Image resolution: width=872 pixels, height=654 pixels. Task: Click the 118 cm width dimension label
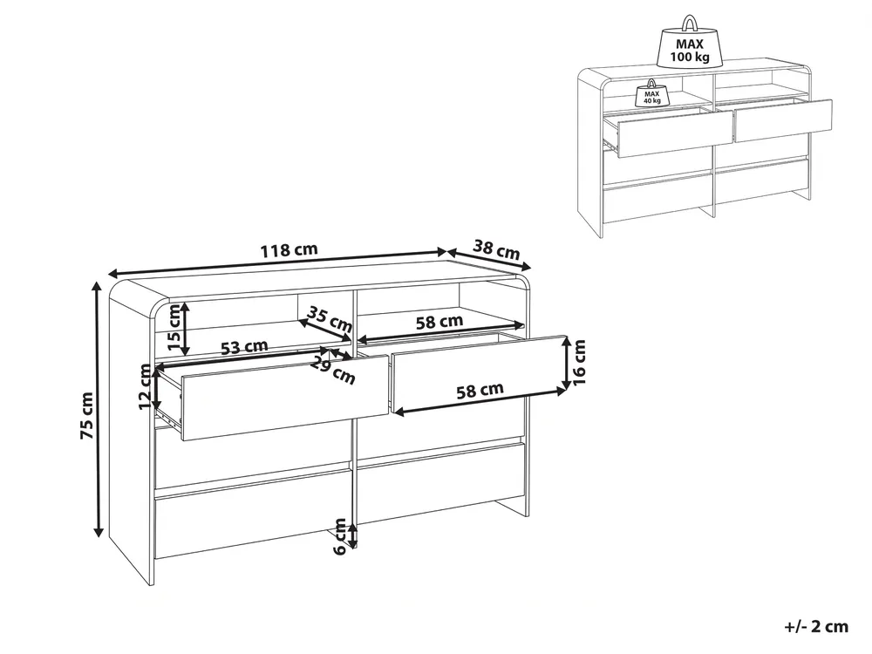pos(290,249)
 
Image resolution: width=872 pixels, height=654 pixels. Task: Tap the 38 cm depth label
pos(497,249)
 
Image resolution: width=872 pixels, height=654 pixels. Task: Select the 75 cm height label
pos(87,416)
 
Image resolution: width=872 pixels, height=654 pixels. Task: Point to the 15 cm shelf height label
pos(174,330)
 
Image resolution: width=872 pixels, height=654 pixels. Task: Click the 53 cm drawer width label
pos(245,347)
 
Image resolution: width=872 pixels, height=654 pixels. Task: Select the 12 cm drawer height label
pos(146,388)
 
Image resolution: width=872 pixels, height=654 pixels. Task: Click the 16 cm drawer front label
pos(579,362)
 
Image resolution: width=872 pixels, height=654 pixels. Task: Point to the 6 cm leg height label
pos(340,536)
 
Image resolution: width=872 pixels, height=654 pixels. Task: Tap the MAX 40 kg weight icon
pos(651,93)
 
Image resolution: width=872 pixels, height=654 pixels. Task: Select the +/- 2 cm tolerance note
pos(816,627)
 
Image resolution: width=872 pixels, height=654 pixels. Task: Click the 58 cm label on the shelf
pos(439,322)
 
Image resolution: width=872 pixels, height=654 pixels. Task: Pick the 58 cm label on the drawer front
pos(480,391)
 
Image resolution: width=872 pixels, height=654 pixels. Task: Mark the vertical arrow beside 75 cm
pos(99,410)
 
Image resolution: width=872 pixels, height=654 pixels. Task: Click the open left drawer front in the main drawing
pos(285,399)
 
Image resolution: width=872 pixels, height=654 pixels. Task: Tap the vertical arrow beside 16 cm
pos(565,363)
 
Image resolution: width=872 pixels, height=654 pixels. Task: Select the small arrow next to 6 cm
pos(352,534)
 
